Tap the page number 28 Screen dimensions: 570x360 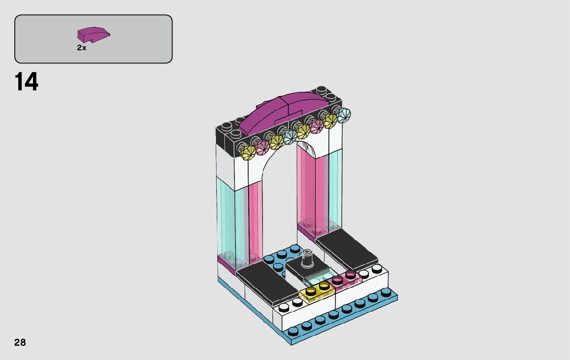20,342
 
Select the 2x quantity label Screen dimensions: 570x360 81,48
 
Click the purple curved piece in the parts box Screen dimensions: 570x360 93,34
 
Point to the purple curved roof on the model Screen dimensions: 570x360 282,113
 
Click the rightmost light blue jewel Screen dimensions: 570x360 343,115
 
